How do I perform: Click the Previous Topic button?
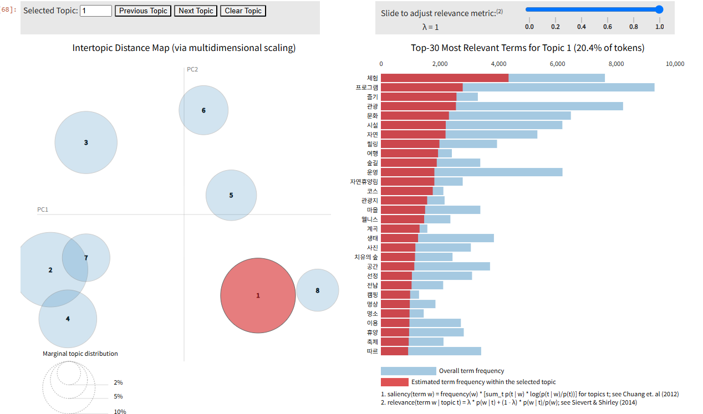143,11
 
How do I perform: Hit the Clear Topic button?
243,11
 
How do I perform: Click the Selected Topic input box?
96,11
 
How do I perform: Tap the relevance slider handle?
659,9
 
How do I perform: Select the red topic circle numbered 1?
258,295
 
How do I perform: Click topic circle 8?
317,290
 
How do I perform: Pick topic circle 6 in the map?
203,110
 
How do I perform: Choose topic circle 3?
86,142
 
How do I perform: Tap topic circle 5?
231,195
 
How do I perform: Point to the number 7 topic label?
86,258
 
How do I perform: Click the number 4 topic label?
68,319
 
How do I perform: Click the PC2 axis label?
192,69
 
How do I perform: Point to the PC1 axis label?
43,209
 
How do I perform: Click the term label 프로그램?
366,88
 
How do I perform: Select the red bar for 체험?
444,78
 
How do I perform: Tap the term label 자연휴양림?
364,182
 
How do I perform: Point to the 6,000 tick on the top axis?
557,64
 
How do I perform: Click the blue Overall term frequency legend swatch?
408,371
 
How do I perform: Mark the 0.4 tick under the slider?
582,27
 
